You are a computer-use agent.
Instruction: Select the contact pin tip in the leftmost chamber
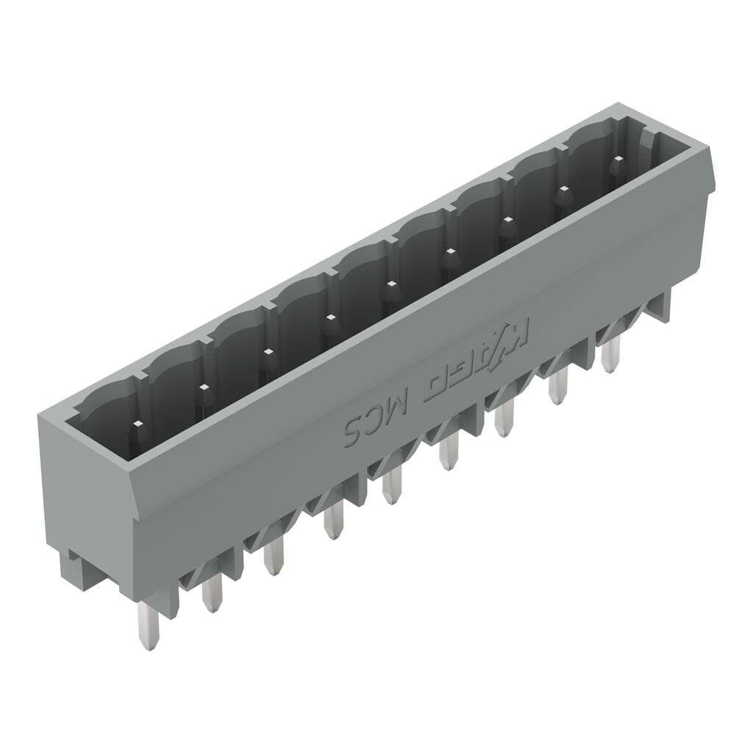pyautogui.click(x=136, y=426)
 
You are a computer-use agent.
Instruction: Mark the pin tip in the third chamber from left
pyautogui.click(x=267, y=354)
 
